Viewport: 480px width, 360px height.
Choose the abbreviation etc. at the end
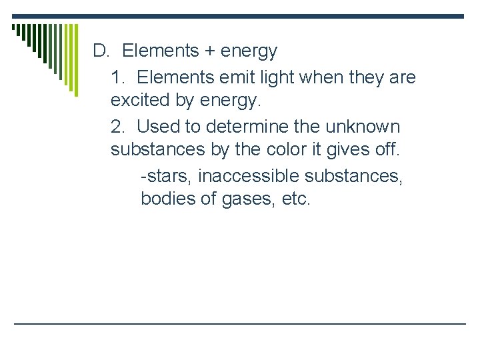click(296, 199)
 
